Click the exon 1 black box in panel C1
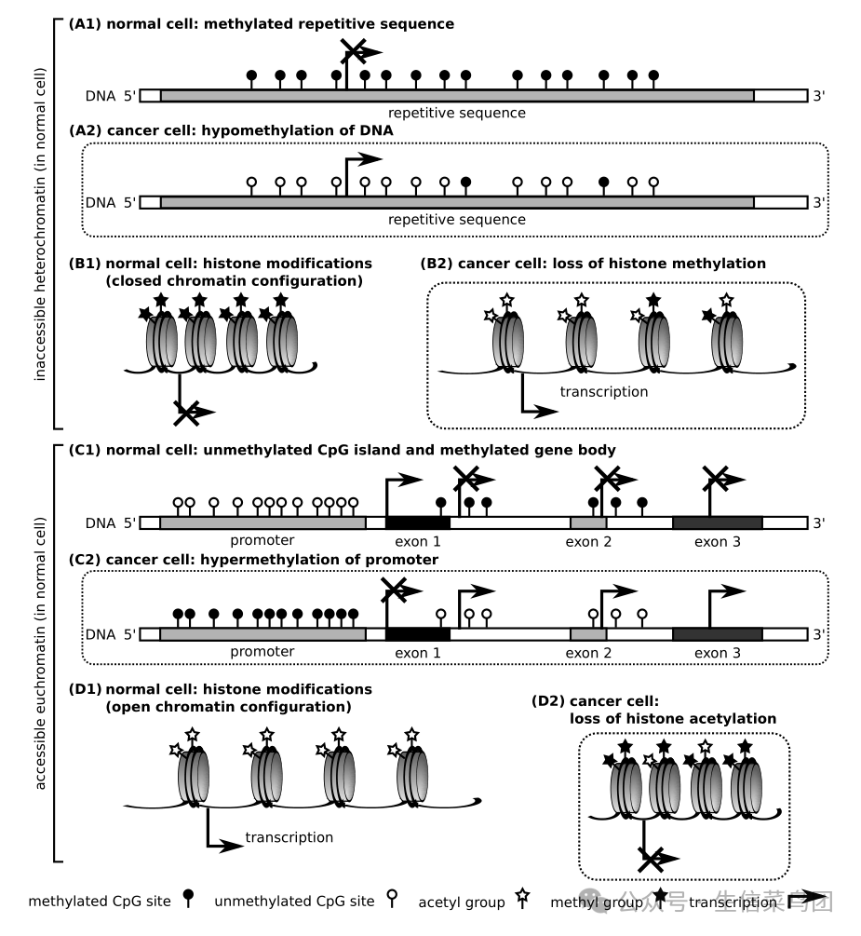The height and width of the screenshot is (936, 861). [418, 523]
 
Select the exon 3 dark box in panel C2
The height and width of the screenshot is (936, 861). [718, 634]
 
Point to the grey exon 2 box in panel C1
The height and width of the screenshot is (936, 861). [588, 523]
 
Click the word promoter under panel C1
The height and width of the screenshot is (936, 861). [262, 541]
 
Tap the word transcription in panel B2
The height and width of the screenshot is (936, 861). [604, 391]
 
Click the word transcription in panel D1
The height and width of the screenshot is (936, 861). [289, 837]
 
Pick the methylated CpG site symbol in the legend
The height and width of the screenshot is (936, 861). [189, 898]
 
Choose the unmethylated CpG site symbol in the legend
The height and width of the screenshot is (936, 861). [392, 898]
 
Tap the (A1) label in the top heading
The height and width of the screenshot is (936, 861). [85, 24]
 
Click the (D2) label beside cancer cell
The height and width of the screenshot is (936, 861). [547, 700]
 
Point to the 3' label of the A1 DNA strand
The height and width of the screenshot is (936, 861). [818, 96]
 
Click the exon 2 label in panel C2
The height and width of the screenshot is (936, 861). [588, 653]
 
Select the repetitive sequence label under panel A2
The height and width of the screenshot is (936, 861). [457, 220]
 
